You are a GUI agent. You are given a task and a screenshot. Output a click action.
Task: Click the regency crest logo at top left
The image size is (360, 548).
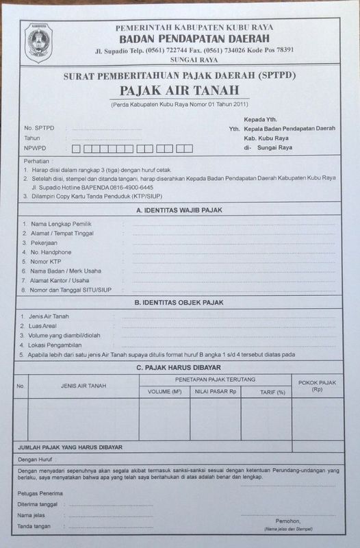click(x=38, y=42)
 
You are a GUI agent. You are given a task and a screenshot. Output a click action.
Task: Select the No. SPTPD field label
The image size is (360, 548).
click(x=38, y=128)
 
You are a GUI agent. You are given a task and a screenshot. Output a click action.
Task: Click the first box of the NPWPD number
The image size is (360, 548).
click(x=76, y=148)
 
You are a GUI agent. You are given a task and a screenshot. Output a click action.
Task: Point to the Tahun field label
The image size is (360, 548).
click(x=32, y=138)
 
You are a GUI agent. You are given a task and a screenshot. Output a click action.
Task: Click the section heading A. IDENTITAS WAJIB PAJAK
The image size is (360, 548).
click(x=180, y=210)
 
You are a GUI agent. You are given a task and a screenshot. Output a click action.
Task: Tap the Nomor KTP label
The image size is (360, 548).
click(x=49, y=261)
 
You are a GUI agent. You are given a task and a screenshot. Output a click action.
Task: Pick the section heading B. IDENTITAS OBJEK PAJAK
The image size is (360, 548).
click(x=180, y=302)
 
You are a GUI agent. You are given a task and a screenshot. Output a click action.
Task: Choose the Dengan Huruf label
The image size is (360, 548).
click(x=37, y=460)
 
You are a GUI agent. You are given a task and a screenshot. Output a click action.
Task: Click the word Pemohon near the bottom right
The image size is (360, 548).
click(x=288, y=521)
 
